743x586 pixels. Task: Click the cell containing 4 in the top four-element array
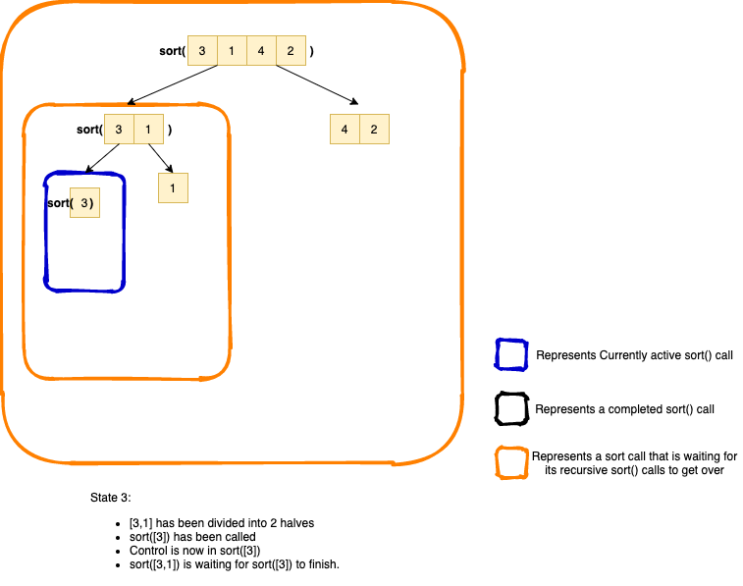(x=261, y=51)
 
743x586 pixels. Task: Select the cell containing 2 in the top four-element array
(x=291, y=51)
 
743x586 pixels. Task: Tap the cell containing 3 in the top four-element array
(x=202, y=51)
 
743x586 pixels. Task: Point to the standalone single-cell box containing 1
(x=173, y=187)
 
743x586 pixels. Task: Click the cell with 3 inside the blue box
(x=85, y=203)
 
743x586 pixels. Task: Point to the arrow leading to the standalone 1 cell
(x=161, y=158)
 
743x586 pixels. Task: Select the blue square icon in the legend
(x=511, y=354)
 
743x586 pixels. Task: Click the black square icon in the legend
(x=511, y=408)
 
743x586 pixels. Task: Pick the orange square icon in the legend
(x=511, y=462)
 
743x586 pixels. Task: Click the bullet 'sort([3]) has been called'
(x=192, y=537)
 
